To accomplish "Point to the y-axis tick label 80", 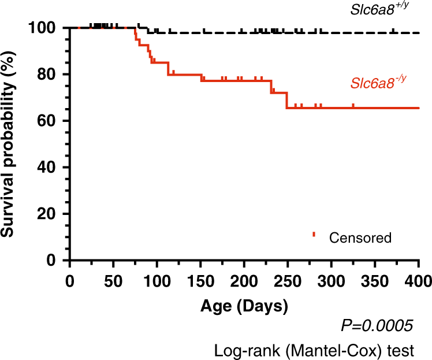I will pyautogui.click(x=49, y=75).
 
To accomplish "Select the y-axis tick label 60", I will pyautogui.click(x=49, y=121).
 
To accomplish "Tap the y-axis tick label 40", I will pyautogui.click(x=49, y=168).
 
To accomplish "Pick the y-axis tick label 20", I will pyautogui.click(x=49, y=214).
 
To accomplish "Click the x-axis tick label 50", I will pyautogui.click(x=113, y=281).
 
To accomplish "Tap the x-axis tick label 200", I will pyautogui.click(x=244, y=281).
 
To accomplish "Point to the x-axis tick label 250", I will pyautogui.click(x=288, y=281).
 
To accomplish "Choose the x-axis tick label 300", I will pyautogui.click(x=332, y=281).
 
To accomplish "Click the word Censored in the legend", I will pyautogui.click(x=360, y=237).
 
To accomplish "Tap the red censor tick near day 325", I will pyautogui.click(x=353, y=106).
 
